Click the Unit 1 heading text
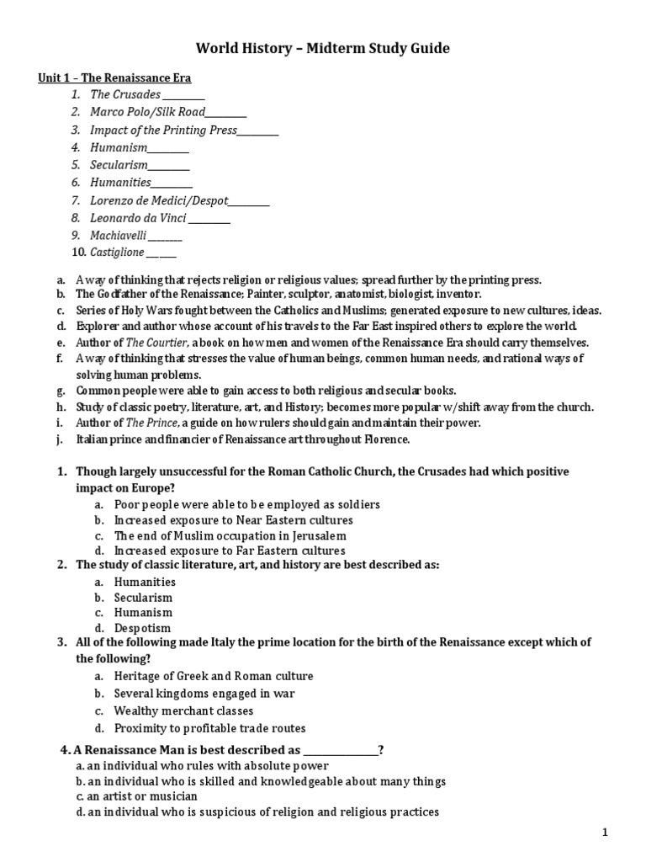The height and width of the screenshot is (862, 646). [x=114, y=78]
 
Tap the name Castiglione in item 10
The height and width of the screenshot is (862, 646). [x=117, y=252]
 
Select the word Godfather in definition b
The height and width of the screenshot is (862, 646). [x=124, y=295]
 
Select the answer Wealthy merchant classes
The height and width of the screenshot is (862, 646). [x=183, y=711]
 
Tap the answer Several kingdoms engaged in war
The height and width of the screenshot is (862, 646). [x=204, y=694]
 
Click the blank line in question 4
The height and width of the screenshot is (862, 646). [x=340, y=750]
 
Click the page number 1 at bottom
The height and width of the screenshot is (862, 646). [x=605, y=833]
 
